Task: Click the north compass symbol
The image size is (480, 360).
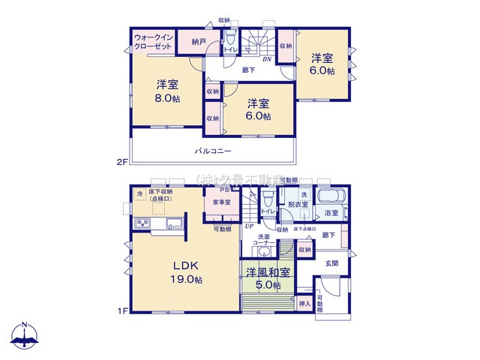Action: tap(25, 336)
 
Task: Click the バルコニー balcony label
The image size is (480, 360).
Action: tap(213, 151)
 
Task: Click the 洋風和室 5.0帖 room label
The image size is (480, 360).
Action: tap(266, 279)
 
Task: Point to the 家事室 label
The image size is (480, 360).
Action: tap(220, 202)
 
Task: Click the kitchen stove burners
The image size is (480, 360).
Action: tap(142, 223)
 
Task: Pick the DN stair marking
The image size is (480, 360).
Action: tap(266, 59)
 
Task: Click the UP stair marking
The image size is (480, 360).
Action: tap(247, 226)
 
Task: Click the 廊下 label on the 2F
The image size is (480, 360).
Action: tap(247, 70)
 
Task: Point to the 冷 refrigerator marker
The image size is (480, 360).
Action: tap(139, 193)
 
